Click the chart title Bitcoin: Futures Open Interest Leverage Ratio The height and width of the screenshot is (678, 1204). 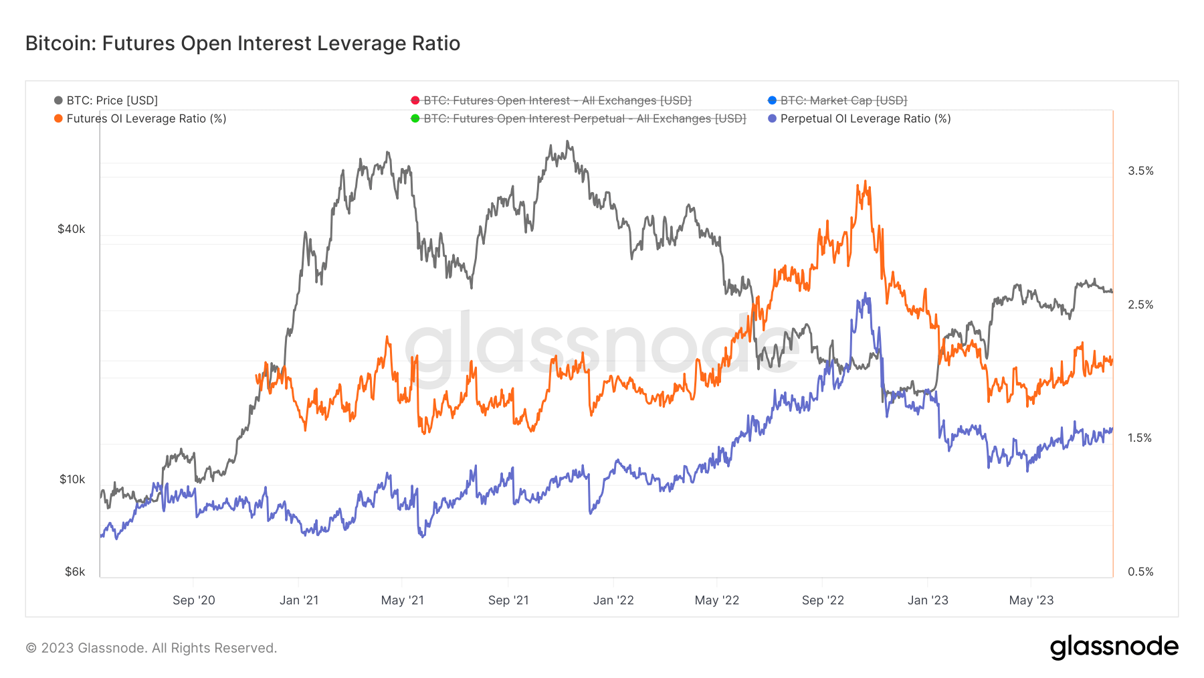pyautogui.click(x=242, y=44)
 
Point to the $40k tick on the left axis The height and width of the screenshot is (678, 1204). pyautogui.click(x=71, y=229)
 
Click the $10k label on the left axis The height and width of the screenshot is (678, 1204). pyautogui.click(x=72, y=479)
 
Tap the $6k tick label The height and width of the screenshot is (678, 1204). pyautogui.click(x=74, y=572)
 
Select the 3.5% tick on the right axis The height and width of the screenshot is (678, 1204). pyautogui.click(x=1140, y=171)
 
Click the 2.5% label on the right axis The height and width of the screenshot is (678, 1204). pyautogui.click(x=1140, y=305)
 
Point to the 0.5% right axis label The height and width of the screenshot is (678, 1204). pyautogui.click(x=1140, y=572)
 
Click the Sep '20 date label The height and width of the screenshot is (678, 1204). pyautogui.click(x=193, y=600)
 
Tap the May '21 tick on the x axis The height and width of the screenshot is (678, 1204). pyautogui.click(x=402, y=600)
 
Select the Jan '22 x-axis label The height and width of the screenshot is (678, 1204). pyautogui.click(x=613, y=600)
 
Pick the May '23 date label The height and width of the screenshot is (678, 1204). pyautogui.click(x=1031, y=600)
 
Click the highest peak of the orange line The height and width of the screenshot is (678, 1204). pyautogui.click(x=865, y=181)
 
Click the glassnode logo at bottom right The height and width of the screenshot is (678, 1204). pyautogui.click(x=1114, y=647)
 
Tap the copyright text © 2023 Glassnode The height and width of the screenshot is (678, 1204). pyautogui.click(x=151, y=648)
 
